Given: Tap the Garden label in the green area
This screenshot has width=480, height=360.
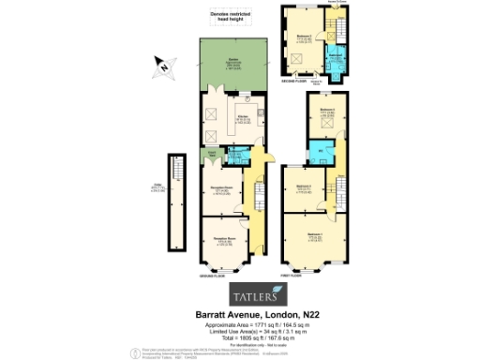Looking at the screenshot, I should (x=232, y=63).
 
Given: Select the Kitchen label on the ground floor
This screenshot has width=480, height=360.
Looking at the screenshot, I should (x=242, y=118).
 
